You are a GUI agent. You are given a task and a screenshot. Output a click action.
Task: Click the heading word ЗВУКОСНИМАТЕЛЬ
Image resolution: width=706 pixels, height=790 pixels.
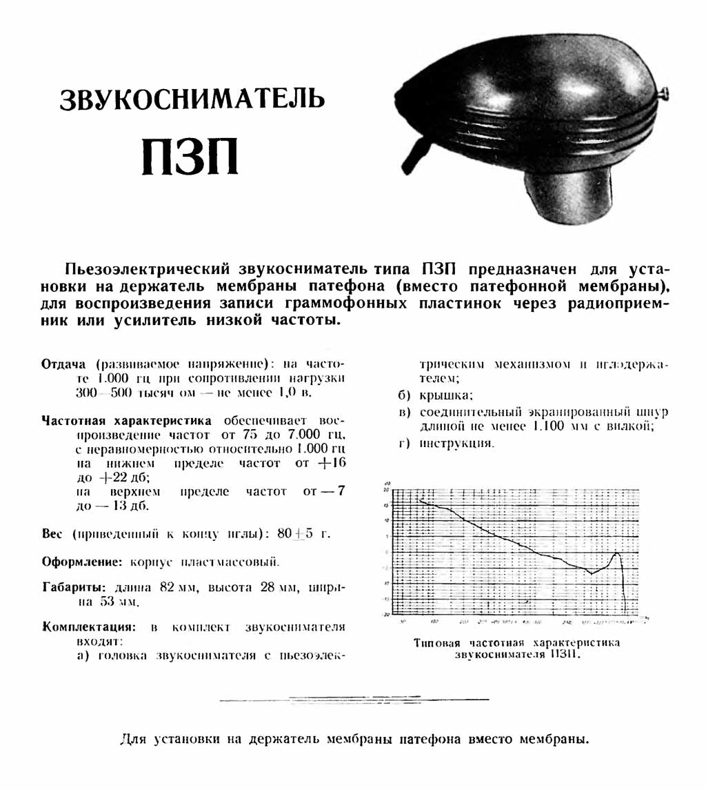click(x=192, y=99)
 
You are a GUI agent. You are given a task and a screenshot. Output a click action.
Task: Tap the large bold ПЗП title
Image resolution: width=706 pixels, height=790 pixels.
click(x=190, y=158)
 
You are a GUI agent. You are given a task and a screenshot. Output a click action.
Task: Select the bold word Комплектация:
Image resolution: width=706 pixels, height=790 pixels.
click(x=88, y=627)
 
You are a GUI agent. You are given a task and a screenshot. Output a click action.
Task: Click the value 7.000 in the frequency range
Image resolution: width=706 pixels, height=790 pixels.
click(x=303, y=435)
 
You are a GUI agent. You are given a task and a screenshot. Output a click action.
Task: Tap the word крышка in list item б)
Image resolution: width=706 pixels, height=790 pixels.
click(x=445, y=395)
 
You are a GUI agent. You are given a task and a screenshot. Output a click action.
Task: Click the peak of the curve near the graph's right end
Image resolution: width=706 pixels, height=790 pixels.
click(x=617, y=553)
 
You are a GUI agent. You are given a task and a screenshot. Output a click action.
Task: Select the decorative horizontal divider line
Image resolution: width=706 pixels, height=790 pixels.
click(x=354, y=700)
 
